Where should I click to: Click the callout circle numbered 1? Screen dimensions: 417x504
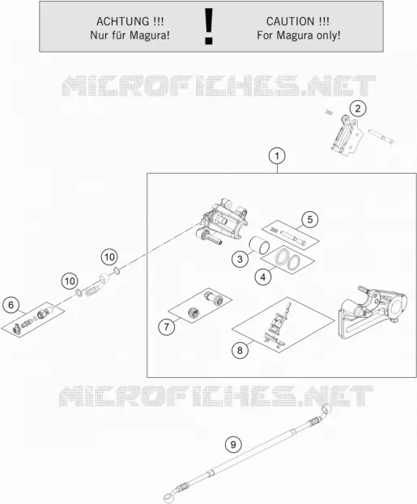click(x=277, y=156)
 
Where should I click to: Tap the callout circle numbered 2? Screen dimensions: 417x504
click(x=358, y=108)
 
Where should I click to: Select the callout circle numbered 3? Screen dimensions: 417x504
click(x=240, y=259)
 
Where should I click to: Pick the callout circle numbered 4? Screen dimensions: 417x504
click(x=263, y=277)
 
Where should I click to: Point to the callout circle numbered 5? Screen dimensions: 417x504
click(x=310, y=219)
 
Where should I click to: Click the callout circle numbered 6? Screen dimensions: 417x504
click(x=11, y=305)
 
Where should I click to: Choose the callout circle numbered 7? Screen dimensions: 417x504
click(x=166, y=327)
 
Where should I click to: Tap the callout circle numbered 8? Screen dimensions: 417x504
click(x=240, y=350)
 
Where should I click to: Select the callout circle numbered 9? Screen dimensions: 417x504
click(x=233, y=444)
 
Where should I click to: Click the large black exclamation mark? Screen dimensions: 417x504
click(x=209, y=27)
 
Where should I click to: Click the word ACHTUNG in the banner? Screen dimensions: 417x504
click(x=123, y=22)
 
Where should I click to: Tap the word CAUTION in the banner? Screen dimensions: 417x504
click(x=291, y=22)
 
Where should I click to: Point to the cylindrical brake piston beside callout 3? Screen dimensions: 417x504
click(x=259, y=247)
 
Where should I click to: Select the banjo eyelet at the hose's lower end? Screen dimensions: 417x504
click(x=171, y=498)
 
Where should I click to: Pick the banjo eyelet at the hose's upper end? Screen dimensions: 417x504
click(x=326, y=409)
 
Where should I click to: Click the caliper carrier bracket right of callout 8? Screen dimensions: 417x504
click(x=372, y=311)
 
